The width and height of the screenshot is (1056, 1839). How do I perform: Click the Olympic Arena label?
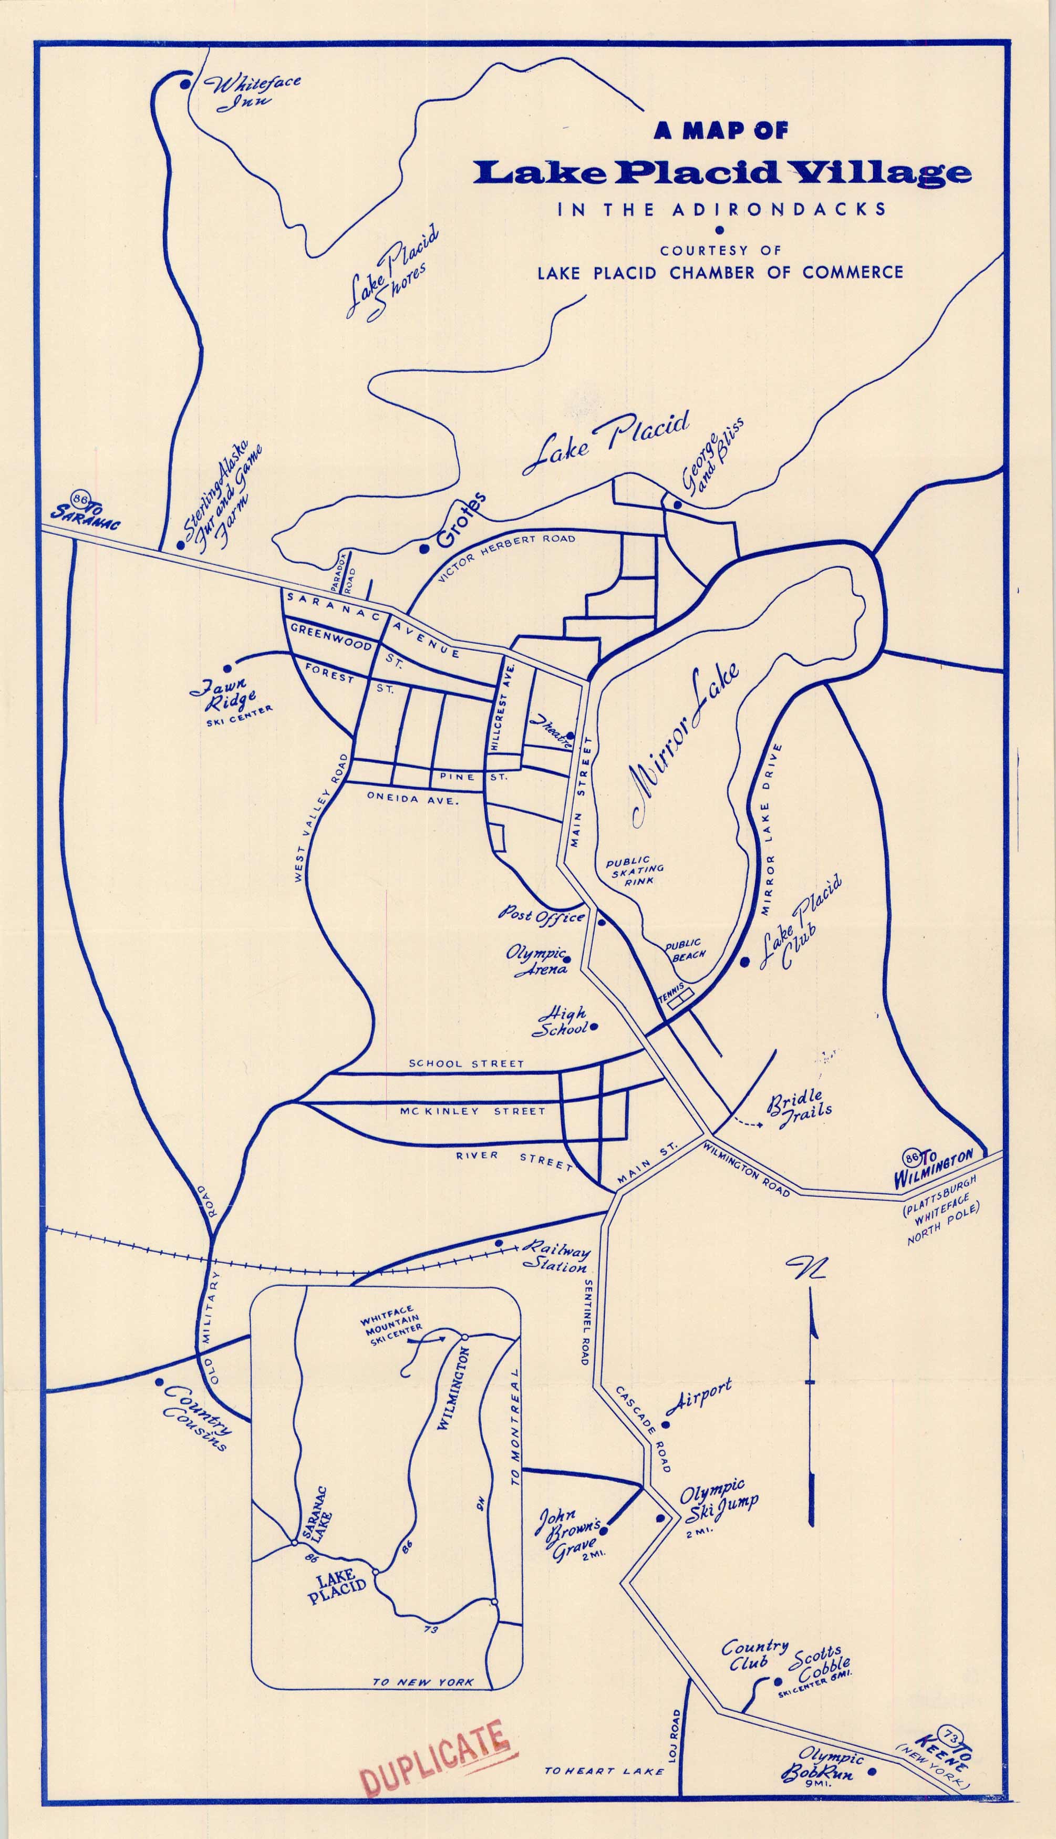click(x=537, y=962)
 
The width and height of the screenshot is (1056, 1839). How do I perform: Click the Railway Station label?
click(x=557, y=1257)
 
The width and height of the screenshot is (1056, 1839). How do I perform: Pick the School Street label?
click(x=465, y=1064)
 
